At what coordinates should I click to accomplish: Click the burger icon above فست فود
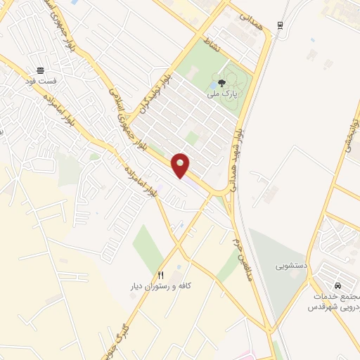40,71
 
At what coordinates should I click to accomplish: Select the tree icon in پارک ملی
223,83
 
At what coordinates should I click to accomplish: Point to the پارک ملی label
223,94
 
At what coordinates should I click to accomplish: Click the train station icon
281,25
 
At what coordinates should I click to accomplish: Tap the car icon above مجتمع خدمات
337,286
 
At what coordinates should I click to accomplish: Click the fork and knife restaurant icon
161,274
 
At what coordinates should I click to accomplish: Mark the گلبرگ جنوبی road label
116,334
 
